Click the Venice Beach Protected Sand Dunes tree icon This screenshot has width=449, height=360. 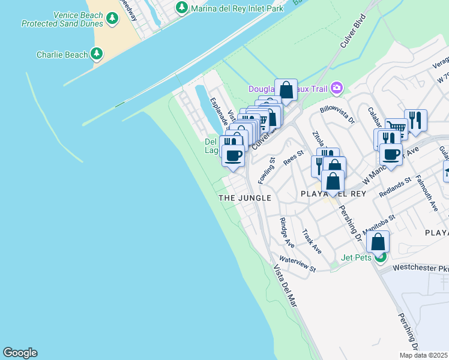click(x=112, y=19)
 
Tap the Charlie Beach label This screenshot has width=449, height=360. click(x=62, y=55)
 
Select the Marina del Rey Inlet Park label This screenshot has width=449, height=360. click(x=237, y=8)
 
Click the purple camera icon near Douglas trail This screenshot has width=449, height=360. click(x=336, y=88)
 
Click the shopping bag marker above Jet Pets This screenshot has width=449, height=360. click(x=378, y=242)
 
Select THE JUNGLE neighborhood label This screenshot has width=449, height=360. click(x=244, y=197)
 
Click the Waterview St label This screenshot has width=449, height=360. click(x=297, y=265)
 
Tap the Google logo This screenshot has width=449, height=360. click(x=20, y=353)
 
